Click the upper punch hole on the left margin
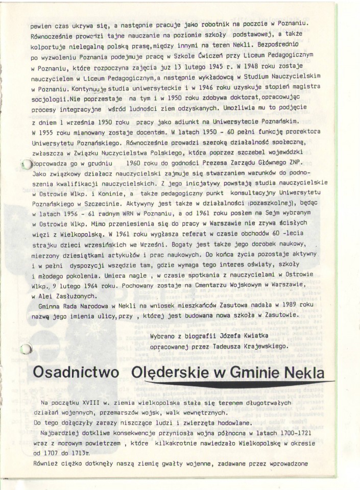(x=25, y=163)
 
